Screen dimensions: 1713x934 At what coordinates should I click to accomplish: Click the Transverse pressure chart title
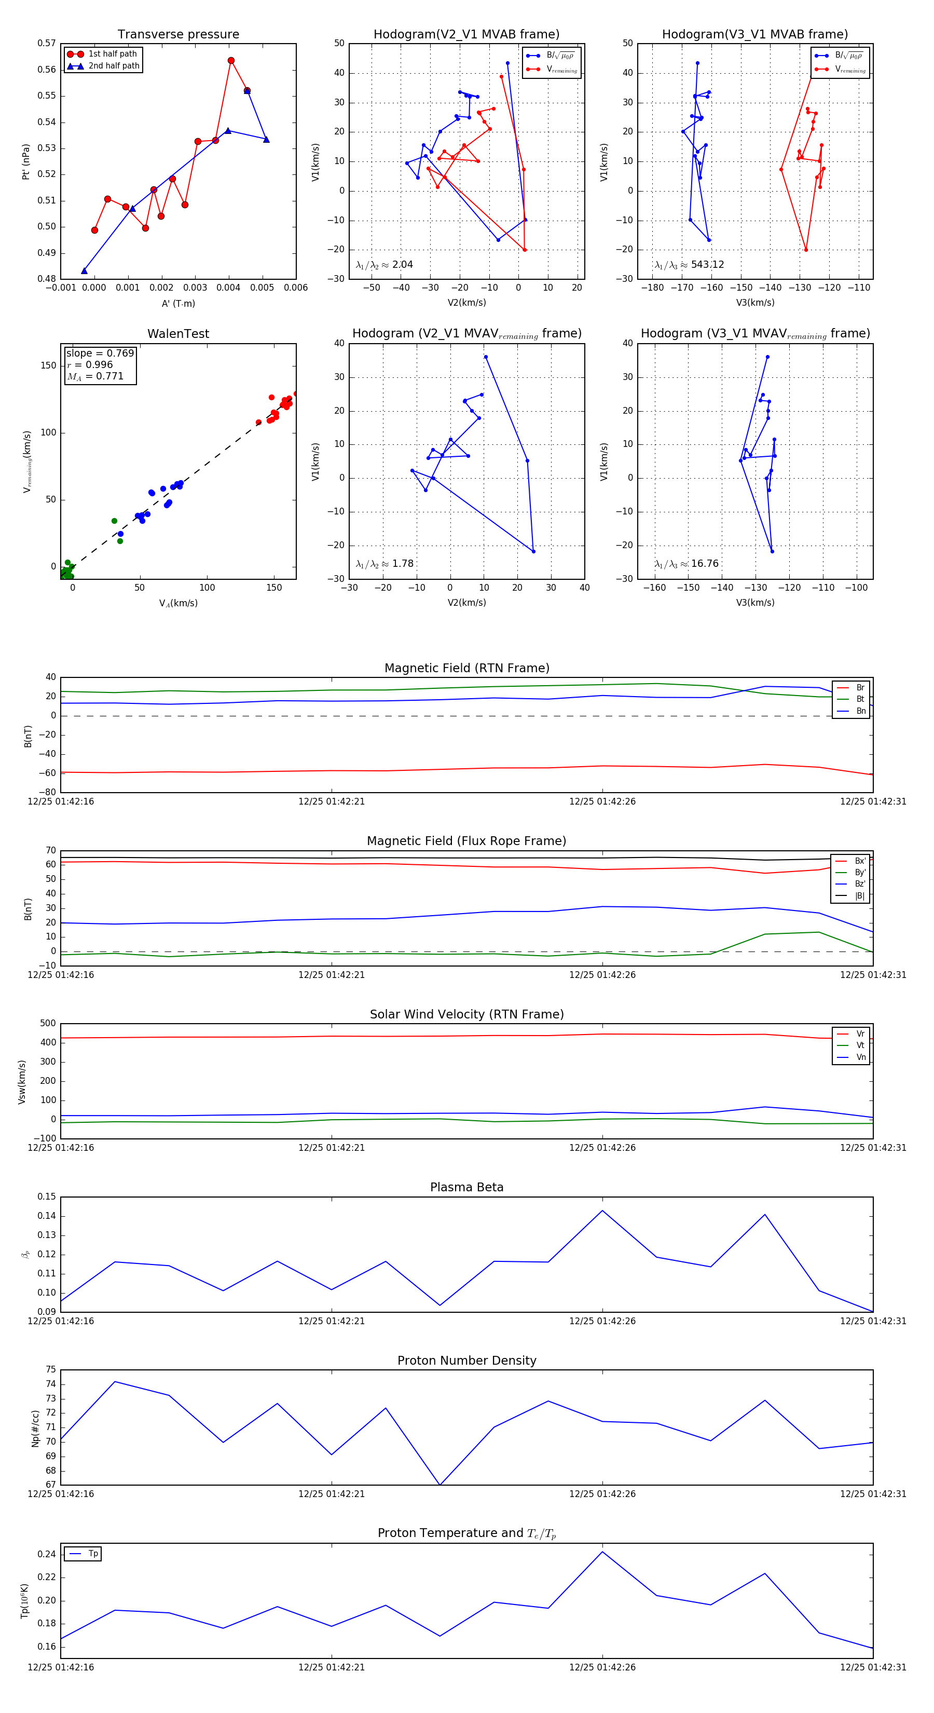click(x=178, y=35)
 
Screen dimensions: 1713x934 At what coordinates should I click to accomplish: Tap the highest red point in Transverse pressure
click(x=231, y=61)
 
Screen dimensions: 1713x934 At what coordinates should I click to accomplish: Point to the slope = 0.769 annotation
click(x=100, y=353)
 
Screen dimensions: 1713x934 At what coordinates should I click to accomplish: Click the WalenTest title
click(x=178, y=334)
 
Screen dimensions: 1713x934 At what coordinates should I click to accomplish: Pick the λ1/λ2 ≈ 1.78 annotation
click(x=385, y=564)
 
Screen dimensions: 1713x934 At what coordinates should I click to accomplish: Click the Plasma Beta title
click(x=466, y=1187)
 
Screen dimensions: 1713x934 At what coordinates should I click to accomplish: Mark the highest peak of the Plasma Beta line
click(x=602, y=1211)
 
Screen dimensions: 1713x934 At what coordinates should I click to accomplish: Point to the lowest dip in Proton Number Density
click(x=440, y=1484)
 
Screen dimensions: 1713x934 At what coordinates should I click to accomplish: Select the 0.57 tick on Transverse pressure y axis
click(x=47, y=43)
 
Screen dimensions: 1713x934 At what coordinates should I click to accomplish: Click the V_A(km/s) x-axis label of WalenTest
click(x=178, y=603)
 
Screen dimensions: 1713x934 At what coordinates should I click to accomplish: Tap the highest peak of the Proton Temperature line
click(x=602, y=1552)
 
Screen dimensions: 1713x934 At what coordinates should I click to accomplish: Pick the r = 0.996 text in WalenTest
click(x=90, y=364)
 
